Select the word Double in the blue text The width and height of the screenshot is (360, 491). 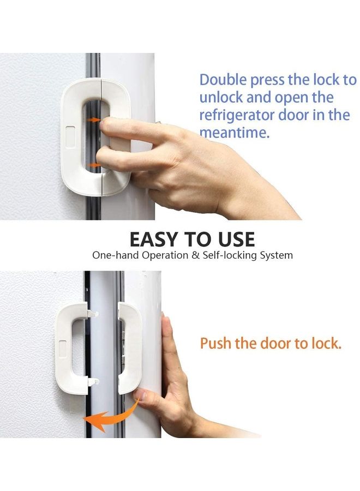pyautogui.click(x=223, y=80)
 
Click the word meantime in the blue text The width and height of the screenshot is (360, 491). pyautogui.click(x=233, y=133)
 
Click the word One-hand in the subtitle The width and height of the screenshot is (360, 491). pyautogui.click(x=111, y=255)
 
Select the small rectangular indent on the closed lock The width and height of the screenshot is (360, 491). pyautogui.click(x=70, y=133)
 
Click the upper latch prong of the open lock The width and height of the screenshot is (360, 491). pyautogui.click(x=93, y=314)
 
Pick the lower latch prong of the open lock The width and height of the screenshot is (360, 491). pyautogui.click(x=93, y=381)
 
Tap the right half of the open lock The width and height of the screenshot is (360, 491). pyautogui.click(x=130, y=349)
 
